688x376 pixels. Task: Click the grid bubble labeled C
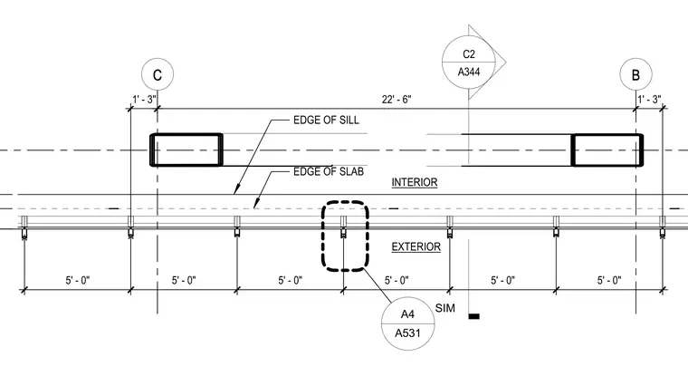158,74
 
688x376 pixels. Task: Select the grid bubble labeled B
635,74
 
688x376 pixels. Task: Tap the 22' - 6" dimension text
397,100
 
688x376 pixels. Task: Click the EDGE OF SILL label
326,120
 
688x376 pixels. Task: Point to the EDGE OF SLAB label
329,171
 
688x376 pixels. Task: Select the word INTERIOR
415,182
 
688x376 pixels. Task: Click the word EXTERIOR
416,246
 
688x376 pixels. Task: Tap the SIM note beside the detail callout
444,308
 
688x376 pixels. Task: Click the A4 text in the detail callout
407,314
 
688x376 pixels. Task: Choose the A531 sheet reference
407,333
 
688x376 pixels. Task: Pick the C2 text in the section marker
469,54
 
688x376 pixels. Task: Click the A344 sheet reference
469,72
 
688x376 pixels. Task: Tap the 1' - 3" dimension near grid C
144,100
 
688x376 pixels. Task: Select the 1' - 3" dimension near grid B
649,100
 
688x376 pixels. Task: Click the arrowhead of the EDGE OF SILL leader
235,192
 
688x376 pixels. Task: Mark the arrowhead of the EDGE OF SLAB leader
255,207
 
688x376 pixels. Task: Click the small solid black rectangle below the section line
473,316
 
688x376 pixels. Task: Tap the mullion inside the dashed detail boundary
344,227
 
